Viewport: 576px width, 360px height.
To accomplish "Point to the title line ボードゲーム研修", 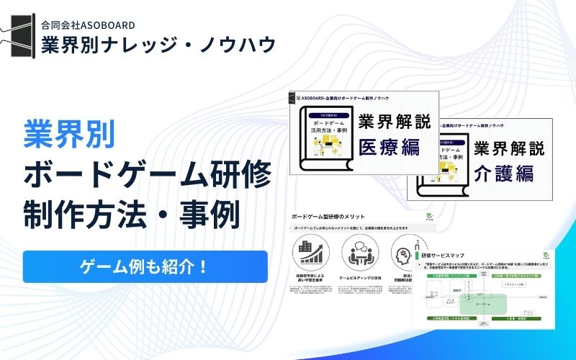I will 147,174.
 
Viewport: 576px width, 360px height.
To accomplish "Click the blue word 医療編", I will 389,148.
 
